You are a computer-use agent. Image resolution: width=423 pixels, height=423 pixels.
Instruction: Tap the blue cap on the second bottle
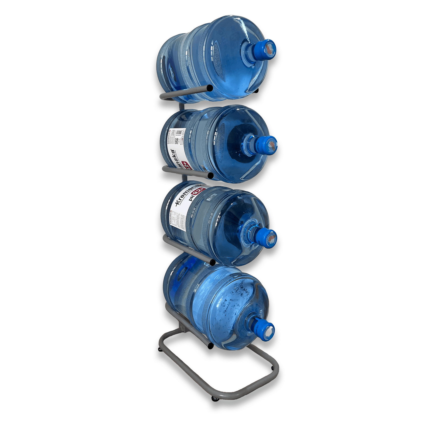(x=268, y=145)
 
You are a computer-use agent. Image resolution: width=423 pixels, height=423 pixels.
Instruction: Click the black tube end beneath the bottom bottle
(x=211, y=346)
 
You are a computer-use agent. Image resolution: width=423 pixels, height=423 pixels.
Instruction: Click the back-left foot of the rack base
(x=160, y=350)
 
